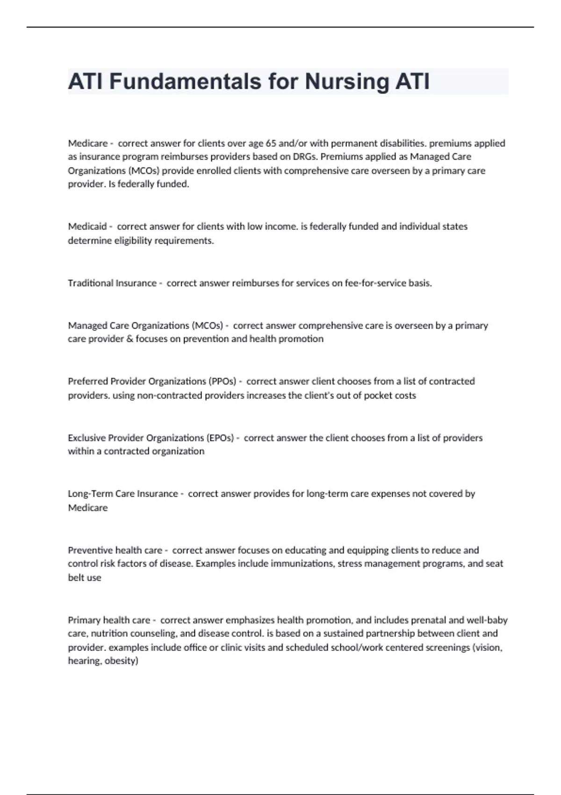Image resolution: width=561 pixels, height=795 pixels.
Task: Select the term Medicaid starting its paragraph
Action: pos(87,226)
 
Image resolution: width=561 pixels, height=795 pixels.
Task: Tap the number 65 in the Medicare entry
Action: pos(271,143)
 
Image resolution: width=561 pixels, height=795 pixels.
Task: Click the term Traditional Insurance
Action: pos(112,283)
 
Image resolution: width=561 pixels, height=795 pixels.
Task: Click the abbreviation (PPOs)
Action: pos(220,381)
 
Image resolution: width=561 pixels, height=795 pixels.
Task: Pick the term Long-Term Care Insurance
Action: pos(123,493)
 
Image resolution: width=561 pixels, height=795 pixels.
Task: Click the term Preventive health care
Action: pos(115,550)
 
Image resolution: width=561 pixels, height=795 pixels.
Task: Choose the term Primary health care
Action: pos(109,620)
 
